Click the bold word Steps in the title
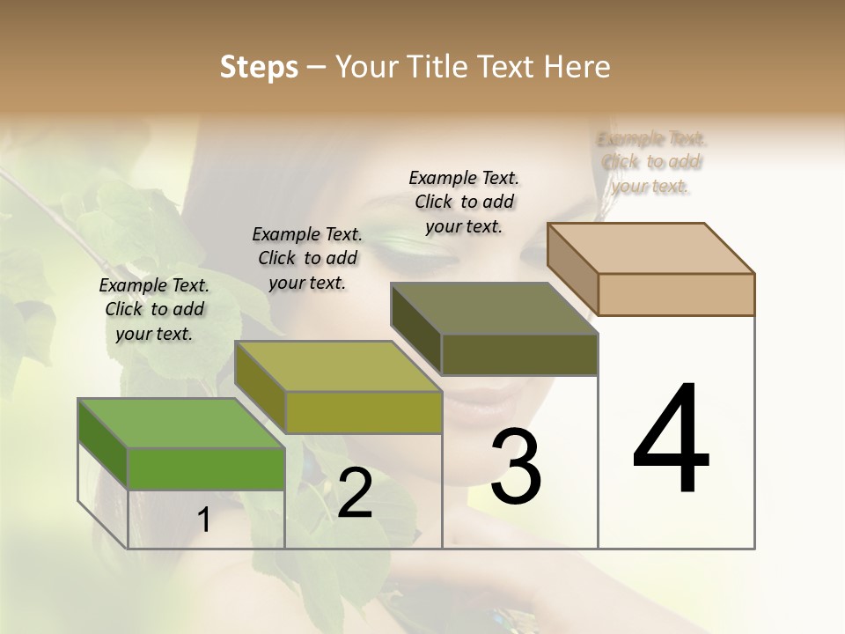coord(258,67)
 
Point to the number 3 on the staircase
coord(515,467)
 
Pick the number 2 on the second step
coord(355,493)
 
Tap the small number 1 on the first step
coord(204,520)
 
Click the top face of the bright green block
coord(180,423)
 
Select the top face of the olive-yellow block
coord(337,365)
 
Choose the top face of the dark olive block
coord(494,308)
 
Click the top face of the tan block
coord(650,247)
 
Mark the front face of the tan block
coord(676,294)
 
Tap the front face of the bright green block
coord(206,468)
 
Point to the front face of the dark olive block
coord(519,354)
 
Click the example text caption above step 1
coord(154,309)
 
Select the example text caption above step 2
coord(307,258)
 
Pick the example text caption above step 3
coord(464,202)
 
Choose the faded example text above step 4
coord(651,162)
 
